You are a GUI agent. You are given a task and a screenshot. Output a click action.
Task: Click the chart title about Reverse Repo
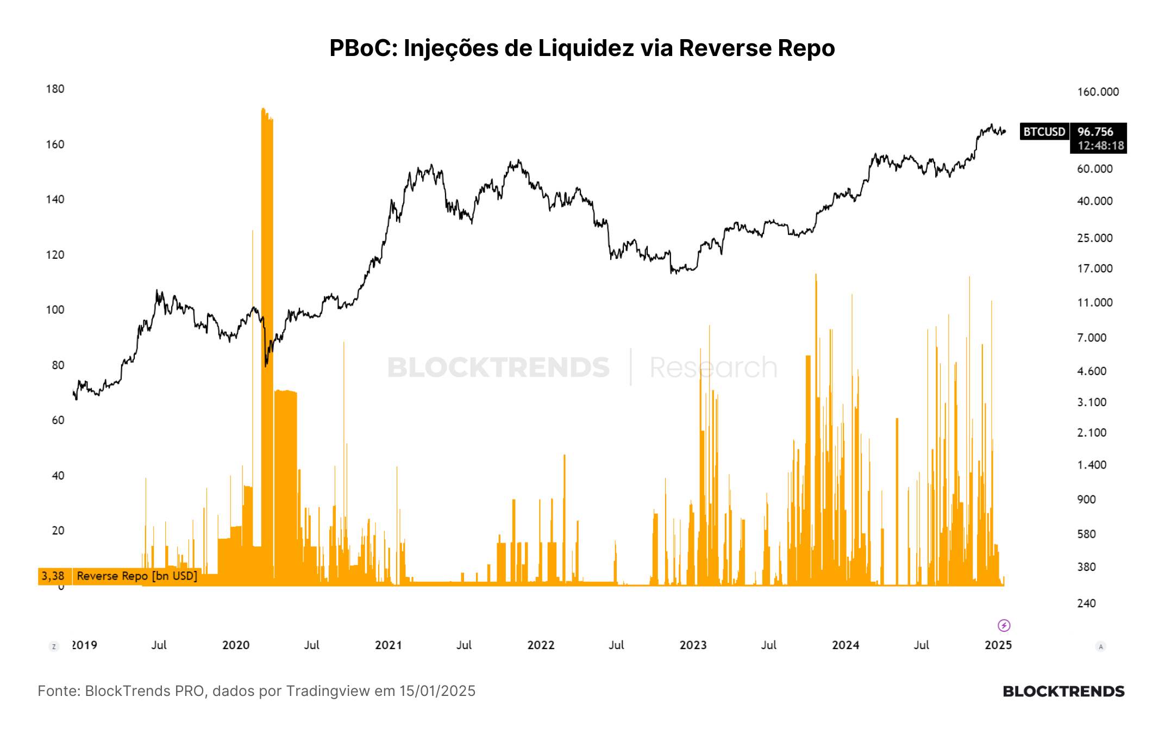click(x=582, y=48)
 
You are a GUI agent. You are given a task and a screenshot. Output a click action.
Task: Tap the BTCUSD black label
click(x=1044, y=132)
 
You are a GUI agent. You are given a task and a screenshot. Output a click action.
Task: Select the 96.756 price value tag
click(x=1095, y=132)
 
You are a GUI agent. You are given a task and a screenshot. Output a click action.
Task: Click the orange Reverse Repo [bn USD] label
click(x=137, y=576)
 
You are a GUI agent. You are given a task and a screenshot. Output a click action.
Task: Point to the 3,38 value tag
click(x=53, y=576)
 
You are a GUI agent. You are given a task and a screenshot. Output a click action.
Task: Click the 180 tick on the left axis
click(x=55, y=89)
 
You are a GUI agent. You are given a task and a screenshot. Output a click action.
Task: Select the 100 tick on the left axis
click(x=55, y=309)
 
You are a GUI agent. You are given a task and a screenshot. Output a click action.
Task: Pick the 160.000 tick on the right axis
click(x=1098, y=92)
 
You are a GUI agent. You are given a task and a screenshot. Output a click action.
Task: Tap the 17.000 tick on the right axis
click(x=1095, y=268)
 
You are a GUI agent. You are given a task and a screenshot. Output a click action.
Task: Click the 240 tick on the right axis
click(x=1086, y=603)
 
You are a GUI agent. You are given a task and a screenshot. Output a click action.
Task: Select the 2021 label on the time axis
click(x=389, y=645)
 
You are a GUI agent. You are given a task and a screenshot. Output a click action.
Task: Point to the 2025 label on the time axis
click(x=998, y=645)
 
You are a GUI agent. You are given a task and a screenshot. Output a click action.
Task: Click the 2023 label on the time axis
click(x=693, y=645)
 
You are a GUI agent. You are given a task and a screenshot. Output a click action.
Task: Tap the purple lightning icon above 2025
click(x=1004, y=625)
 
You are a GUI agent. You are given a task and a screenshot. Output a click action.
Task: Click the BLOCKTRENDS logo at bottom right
click(x=1063, y=691)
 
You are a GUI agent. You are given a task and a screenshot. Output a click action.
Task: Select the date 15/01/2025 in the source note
click(x=437, y=691)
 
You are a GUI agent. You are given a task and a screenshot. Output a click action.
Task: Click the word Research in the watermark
click(x=713, y=368)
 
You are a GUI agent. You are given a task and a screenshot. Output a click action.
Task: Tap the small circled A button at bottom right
click(x=1101, y=646)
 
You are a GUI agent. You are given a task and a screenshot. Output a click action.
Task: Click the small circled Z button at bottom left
click(x=54, y=646)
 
